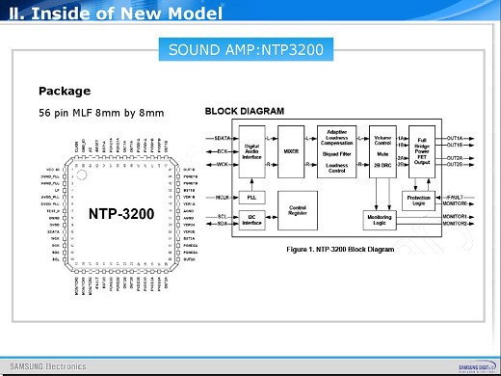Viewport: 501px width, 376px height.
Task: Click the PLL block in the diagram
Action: pos(251,197)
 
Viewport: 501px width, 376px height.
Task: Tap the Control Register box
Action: pos(297,205)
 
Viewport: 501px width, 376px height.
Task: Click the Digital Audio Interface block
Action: pos(251,152)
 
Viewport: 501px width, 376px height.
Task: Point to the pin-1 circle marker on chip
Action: pos(84,175)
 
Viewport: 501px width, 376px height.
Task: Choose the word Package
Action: pos(65,92)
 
